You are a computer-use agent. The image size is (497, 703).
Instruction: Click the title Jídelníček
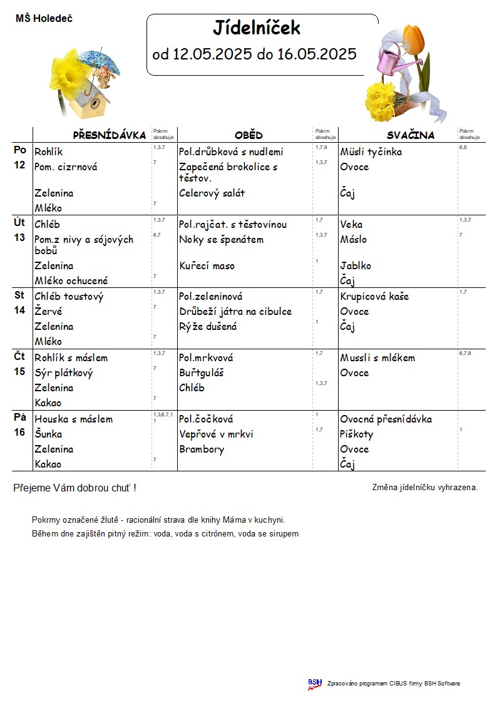point(257,28)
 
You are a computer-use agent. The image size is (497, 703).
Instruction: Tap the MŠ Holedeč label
point(44,19)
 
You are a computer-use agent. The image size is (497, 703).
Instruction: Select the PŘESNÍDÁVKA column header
point(110,135)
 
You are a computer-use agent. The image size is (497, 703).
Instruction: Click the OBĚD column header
point(248,135)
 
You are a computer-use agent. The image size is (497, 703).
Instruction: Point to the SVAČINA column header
point(410,135)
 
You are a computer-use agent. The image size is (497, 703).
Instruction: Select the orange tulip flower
point(415,38)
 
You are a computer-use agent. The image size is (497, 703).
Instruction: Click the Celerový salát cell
point(212,193)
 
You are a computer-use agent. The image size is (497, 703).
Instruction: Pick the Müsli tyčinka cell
point(371,152)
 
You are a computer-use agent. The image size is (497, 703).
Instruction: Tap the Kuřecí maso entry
point(207,266)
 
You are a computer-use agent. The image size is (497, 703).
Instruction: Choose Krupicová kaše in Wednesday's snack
point(374,297)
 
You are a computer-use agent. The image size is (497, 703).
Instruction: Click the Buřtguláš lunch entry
point(202,373)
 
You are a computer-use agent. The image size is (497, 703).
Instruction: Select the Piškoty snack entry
point(357,434)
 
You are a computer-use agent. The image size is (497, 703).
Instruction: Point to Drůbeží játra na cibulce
point(235,312)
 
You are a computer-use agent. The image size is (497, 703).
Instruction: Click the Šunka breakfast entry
point(48,434)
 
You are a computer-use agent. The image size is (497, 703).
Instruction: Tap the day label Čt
point(20,357)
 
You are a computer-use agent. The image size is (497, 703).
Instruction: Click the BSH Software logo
point(315,684)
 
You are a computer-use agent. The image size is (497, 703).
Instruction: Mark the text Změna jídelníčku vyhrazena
point(425,487)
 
